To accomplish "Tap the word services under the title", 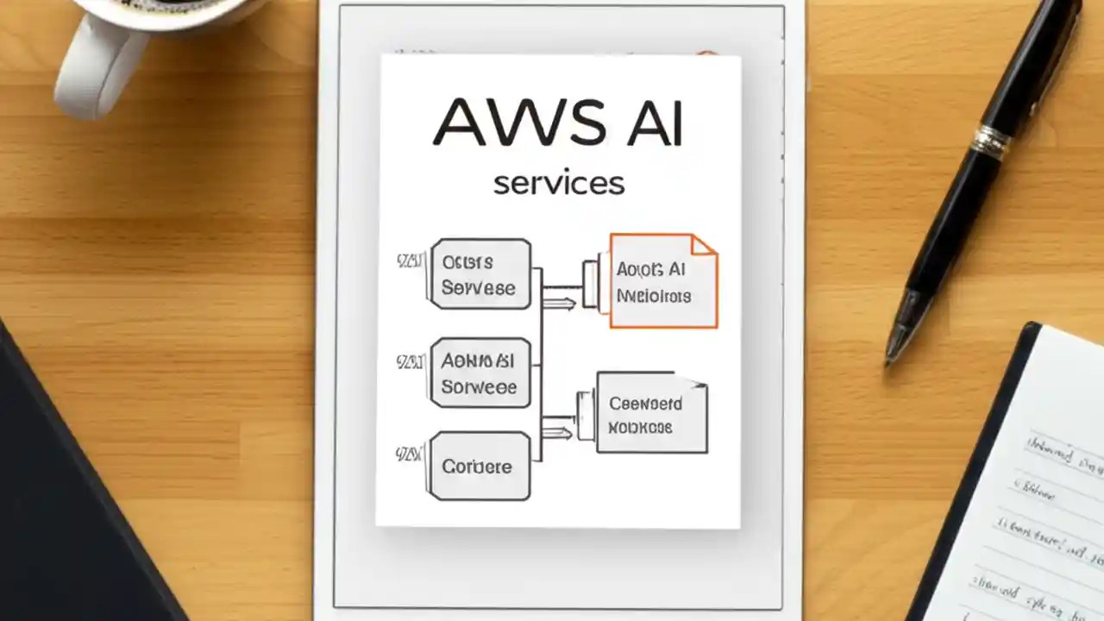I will [x=558, y=183].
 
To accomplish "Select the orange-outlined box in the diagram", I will [x=662, y=282].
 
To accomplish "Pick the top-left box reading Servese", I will [x=480, y=274].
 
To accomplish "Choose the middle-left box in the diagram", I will [x=480, y=373].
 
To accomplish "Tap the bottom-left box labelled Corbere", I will [x=480, y=466].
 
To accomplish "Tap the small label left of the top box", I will [x=409, y=260].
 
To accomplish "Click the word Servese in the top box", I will [x=478, y=288].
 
